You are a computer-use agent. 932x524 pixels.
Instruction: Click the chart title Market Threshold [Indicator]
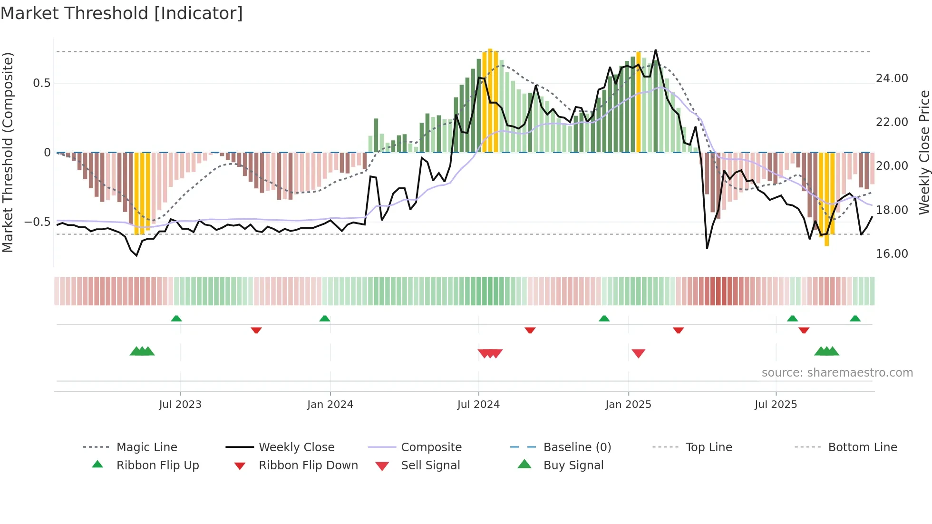[122, 13]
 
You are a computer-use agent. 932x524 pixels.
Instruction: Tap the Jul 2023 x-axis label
[180, 405]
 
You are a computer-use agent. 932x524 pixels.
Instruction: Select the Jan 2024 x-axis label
[330, 405]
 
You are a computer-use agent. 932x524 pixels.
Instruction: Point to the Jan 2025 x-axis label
[628, 405]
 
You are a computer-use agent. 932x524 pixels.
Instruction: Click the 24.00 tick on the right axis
[892, 78]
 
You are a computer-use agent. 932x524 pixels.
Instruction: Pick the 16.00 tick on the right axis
[892, 254]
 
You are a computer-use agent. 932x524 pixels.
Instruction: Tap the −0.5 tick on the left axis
[37, 222]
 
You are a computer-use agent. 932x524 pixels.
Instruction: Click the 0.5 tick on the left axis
[41, 83]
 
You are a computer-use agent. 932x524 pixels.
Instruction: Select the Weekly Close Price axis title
[924, 152]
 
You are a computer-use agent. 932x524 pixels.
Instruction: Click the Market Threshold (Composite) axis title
[8, 152]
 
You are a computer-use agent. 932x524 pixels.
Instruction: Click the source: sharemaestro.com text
[837, 373]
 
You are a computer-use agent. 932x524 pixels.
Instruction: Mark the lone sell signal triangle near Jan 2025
[638, 353]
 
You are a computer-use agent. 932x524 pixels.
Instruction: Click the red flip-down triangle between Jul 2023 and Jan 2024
[256, 330]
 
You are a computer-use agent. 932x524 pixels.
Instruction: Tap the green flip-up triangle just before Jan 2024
[325, 319]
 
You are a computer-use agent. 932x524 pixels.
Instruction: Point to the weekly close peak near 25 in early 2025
[655, 50]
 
